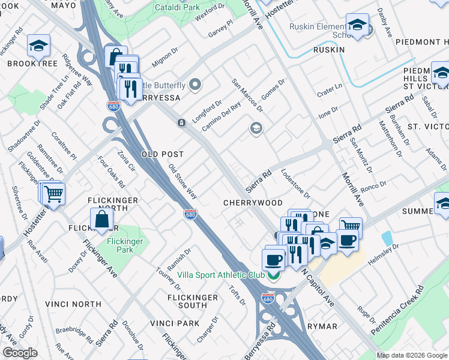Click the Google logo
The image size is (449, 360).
20,353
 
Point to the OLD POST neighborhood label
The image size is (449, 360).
162,154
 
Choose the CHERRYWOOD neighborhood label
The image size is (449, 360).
253,203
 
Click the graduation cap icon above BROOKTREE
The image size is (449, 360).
38,45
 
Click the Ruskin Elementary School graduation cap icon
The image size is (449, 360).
358,25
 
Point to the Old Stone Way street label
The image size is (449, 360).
182,182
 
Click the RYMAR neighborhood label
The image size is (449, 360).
322,326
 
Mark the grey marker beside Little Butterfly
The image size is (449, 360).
195,85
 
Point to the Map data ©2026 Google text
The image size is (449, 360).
412,355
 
